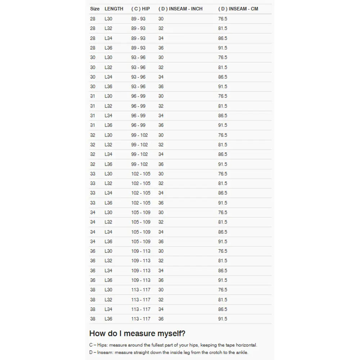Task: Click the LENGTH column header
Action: point(114,9)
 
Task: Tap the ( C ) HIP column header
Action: point(140,9)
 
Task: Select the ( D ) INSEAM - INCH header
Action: point(180,9)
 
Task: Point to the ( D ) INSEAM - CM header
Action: point(238,9)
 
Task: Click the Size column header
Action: point(95,9)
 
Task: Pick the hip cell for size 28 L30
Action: point(138,19)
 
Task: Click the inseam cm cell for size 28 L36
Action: point(222,48)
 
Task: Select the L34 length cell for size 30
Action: point(108,77)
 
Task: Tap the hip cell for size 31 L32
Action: point(138,106)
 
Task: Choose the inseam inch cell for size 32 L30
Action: point(161,135)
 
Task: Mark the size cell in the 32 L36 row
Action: point(93,164)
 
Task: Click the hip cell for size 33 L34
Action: point(141,193)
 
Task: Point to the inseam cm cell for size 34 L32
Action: point(222,222)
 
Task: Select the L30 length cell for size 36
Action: point(108,251)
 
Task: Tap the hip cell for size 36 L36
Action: point(141,280)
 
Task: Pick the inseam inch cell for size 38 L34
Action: point(161,309)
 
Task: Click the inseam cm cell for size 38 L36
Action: point(222,319)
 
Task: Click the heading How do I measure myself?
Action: point(137,333)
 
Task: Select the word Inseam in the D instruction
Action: point(105,352)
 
